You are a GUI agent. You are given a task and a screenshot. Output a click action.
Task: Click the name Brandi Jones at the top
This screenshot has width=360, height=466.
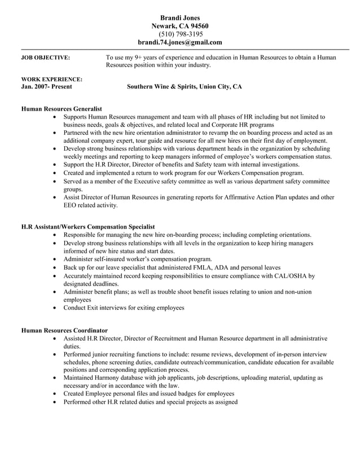(180, 18)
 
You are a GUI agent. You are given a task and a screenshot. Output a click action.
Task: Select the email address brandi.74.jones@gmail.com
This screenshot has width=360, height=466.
(180, 42)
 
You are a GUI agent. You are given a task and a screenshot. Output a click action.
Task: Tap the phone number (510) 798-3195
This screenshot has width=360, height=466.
(180, 34)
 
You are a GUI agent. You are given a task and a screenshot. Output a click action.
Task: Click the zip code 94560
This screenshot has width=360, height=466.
(198, 26)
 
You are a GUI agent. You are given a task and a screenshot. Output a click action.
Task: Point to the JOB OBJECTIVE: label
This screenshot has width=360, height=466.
(45, 58)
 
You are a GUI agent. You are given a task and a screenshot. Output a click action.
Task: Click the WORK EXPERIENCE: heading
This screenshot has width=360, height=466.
(51, 80)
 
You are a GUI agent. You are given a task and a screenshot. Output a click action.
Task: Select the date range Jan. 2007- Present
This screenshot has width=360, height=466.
(46, 87)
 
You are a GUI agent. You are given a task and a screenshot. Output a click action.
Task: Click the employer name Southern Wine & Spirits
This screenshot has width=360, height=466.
(160, 87)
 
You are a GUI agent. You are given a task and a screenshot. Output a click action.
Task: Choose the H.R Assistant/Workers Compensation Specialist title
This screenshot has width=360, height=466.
(87, 226)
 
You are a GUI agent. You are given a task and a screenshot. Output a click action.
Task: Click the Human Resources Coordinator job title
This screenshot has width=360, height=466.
(64, 330)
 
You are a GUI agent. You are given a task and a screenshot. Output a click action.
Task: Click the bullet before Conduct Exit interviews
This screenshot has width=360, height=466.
(54, 308)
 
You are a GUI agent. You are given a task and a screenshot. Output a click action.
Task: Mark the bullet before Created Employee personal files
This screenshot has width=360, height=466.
(54, 394)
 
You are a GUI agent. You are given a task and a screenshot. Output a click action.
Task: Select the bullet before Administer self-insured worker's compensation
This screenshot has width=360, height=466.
(54, 259)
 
